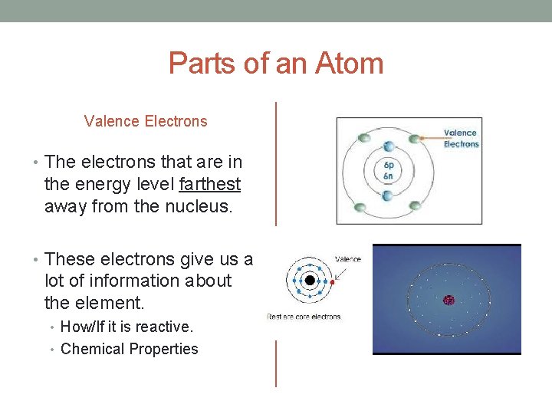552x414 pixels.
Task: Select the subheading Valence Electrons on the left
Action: [x=146, y=121]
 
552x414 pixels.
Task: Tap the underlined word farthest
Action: [x=209, y=185]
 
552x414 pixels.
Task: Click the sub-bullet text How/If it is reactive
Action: [x=127, y=327]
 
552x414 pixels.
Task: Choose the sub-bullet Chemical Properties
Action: [x=129, y=349]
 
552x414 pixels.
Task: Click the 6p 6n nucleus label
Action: [x=389, y=170]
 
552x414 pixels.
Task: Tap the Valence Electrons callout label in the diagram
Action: [x=461, y=138]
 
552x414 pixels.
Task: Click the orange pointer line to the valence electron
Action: [x=431, y=139]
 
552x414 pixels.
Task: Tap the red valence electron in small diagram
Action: [x=332, y=281]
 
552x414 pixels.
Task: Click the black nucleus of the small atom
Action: [x=309, y=281]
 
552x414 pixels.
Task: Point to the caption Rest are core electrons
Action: [x=304, y=317]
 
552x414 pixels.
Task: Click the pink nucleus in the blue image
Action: [x=449, y=301]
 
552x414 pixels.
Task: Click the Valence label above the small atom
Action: [x=348, y=259]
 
